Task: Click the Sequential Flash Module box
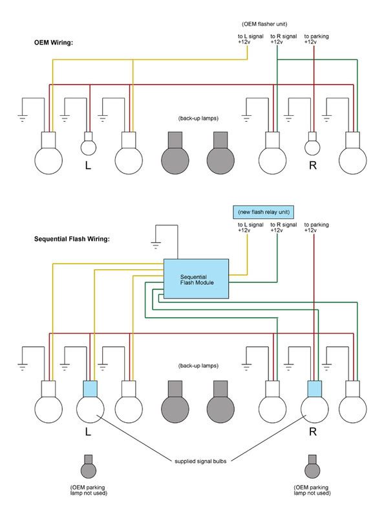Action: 196,279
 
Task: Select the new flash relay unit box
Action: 264,212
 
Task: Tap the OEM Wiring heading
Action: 54,43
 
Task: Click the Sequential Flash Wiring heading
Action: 72,239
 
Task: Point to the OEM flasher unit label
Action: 264,24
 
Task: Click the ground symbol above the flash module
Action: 156,245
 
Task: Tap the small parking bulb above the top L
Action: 89,144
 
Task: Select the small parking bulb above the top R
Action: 312,144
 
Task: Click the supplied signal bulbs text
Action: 200,461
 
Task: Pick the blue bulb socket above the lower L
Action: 90,389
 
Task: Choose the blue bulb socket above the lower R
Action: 314,389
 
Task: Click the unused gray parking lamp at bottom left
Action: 89,466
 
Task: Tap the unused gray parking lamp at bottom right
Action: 312,466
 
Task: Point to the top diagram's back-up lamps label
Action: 198,118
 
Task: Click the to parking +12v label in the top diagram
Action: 316,39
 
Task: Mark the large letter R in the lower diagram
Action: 313,431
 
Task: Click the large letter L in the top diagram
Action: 88,165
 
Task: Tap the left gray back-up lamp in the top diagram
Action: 175,153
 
